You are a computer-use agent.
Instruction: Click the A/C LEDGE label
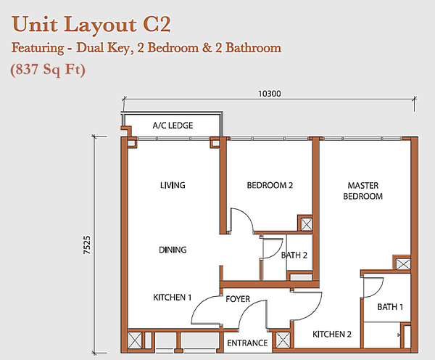173,126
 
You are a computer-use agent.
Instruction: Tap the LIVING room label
173,185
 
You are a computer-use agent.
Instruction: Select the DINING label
173,250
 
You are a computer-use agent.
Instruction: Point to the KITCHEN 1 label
173,298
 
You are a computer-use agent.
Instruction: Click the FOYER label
238,299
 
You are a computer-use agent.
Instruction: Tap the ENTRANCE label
247,343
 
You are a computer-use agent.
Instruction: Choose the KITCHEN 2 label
332,334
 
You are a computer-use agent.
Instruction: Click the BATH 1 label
390,307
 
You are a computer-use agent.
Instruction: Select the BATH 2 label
294,255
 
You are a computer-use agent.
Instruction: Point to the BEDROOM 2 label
270,185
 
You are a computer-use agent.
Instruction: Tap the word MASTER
363,185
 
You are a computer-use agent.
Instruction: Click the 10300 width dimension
270,94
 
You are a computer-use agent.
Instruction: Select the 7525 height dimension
87,245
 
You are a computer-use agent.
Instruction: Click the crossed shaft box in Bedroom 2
307,224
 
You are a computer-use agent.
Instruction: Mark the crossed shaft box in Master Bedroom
403,264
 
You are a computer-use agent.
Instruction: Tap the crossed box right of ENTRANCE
283,340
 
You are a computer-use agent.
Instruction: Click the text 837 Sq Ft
48,70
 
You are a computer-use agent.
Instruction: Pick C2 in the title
157,25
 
